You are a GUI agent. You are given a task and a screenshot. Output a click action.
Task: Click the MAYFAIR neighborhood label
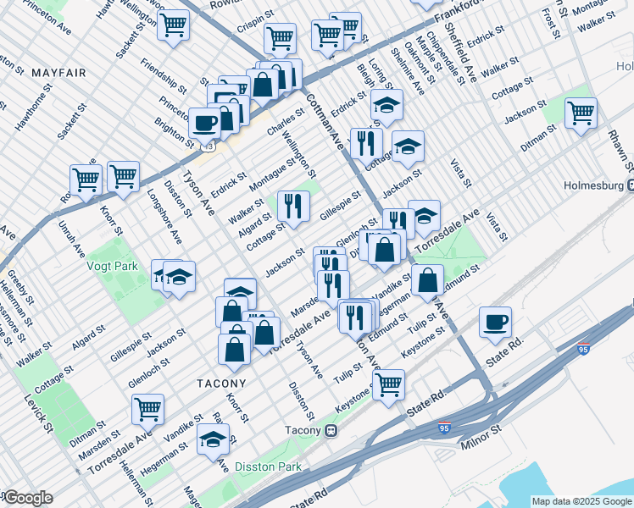point(58,74)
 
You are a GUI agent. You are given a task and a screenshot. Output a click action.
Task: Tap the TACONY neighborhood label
point(221,383)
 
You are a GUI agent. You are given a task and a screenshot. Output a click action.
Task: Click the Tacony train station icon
point(333,430)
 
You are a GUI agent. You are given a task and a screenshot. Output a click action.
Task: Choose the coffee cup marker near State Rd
point(495,322)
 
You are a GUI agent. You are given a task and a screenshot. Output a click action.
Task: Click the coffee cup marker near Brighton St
point(204,123)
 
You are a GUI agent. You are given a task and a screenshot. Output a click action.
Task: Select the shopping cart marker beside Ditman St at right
point(581,113)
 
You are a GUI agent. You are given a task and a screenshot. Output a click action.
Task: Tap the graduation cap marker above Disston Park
point(213,439)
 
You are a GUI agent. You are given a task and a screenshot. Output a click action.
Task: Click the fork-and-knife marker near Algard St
point(293,206)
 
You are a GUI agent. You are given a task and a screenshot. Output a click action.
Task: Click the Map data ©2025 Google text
point(581,501)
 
